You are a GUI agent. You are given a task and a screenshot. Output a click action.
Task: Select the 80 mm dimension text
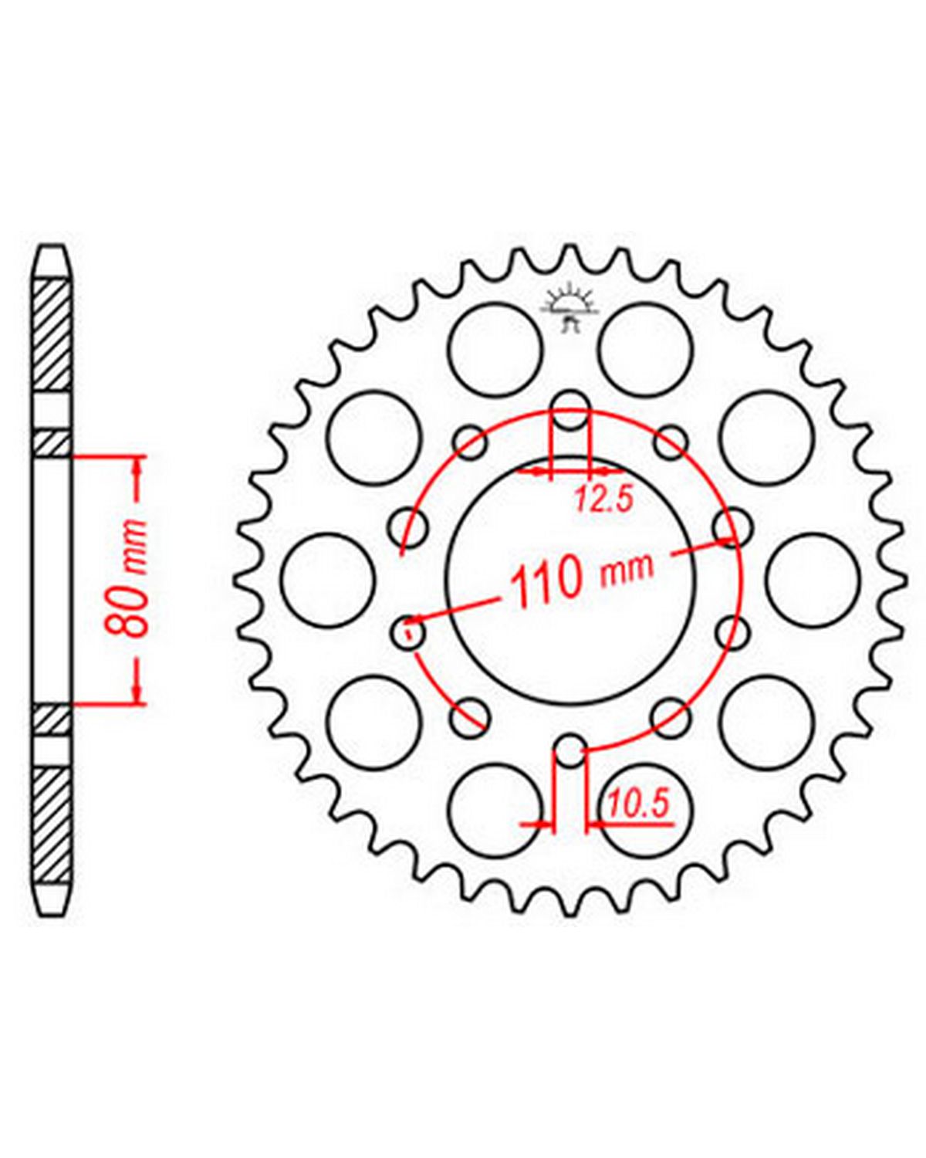pyautogui.click(x=126, y=578)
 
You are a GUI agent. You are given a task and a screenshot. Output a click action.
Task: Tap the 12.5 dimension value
pyautogui.click(x=602, y=500)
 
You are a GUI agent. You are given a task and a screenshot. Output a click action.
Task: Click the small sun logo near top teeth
pyautogui.click(x=569, y=310)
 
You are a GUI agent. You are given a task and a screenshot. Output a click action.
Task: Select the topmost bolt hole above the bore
pyautogui.click(x=571, y=411)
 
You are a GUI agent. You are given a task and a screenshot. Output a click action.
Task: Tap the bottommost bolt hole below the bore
pyautogui.click(x=569, y=750)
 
